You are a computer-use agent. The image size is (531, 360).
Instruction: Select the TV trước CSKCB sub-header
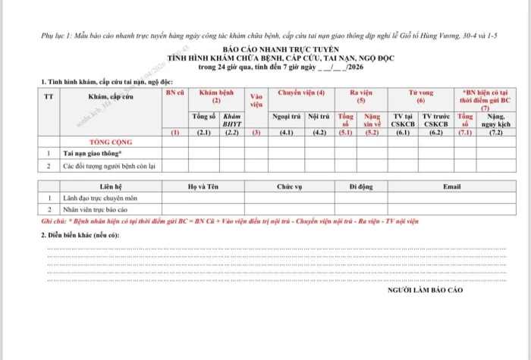436,120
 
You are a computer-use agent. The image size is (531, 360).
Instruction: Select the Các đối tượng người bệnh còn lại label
109,164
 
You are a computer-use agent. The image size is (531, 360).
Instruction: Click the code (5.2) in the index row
372,132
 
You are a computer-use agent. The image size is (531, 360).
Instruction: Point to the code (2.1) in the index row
203,132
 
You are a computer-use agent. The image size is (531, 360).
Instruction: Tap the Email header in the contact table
451,186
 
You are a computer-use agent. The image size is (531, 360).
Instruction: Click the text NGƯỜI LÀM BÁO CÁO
424,290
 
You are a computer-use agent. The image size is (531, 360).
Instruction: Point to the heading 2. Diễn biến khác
80,235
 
